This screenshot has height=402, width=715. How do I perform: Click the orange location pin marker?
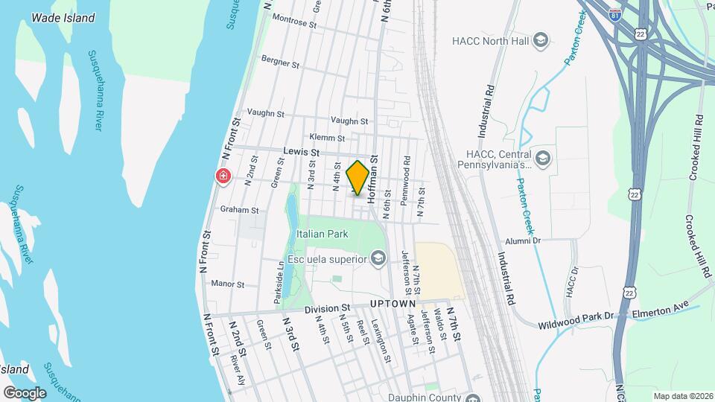point(358,178)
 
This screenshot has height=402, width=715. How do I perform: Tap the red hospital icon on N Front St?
point(223,176)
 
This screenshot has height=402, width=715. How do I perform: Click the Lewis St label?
point(301,152)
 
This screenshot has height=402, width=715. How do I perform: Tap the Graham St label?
point(239,210)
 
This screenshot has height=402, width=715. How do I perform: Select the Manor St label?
point(228,284)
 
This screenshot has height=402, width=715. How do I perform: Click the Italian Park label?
point(322,234)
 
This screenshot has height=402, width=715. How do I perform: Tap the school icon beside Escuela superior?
point(378,258)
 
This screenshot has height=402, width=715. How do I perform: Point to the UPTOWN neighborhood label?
point(392,304)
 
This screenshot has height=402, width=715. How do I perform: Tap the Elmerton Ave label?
point(660,313)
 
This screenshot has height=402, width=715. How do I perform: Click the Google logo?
point(25,392)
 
